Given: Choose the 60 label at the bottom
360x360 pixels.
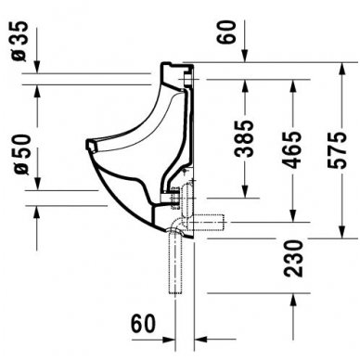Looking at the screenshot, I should point(142,325).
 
